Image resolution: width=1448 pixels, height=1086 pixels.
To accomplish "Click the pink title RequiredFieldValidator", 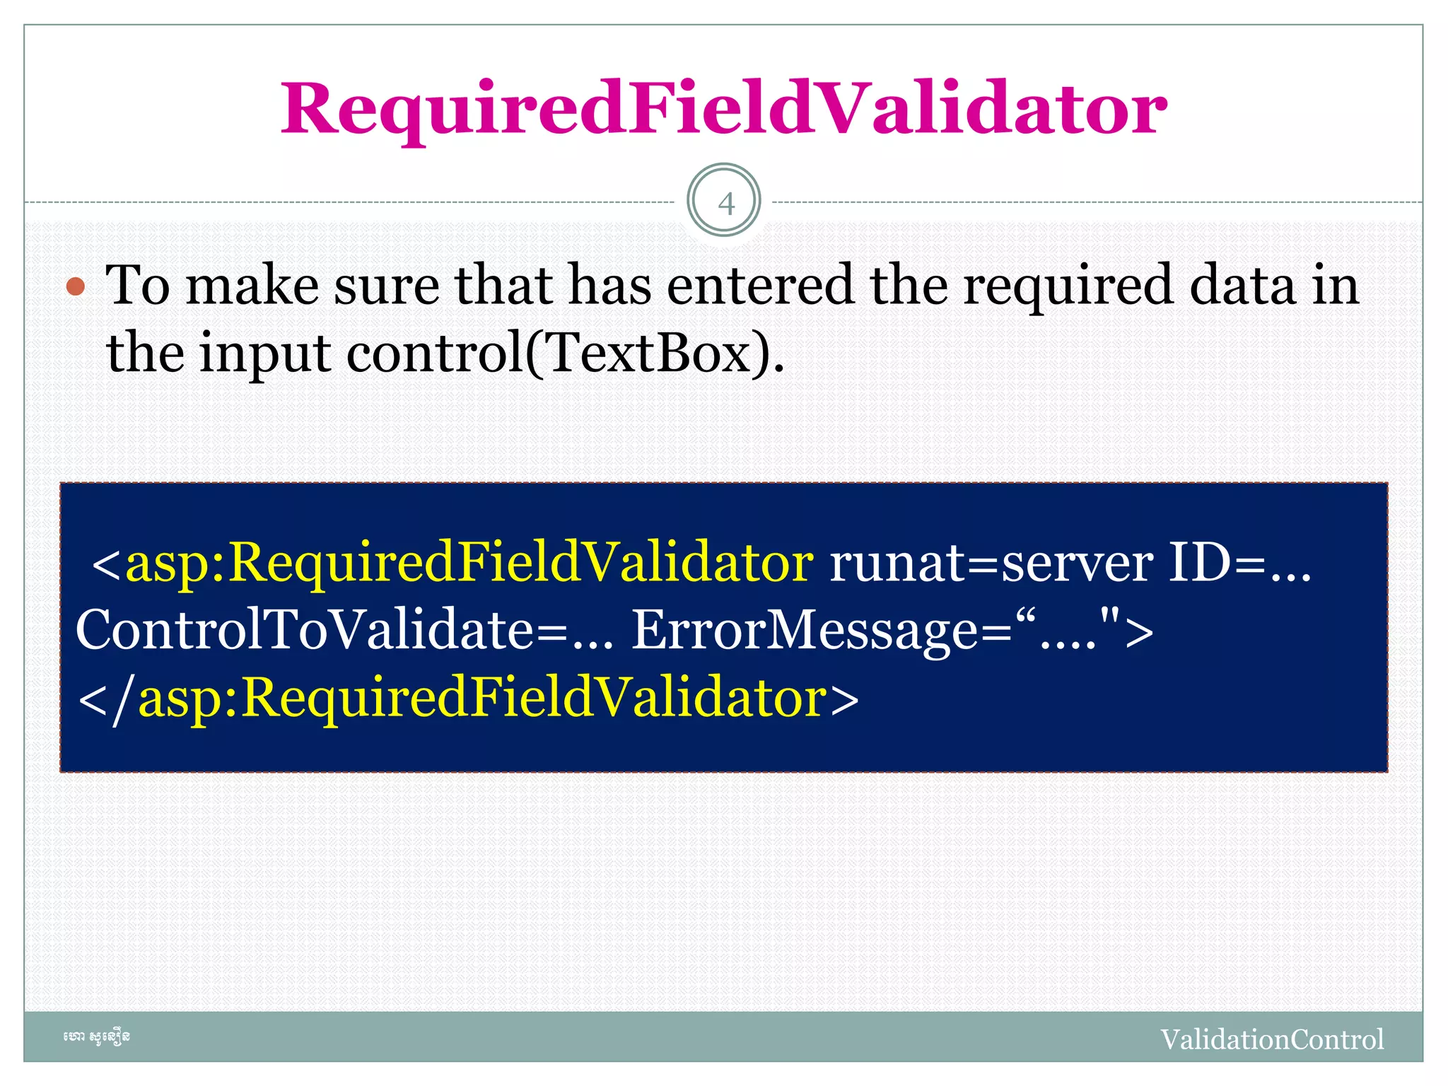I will (x=723, y=110).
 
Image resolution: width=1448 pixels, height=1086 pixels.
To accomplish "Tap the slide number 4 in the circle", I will (x=725, y=204).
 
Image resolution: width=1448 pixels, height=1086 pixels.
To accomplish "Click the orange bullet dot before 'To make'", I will (x=76, y=287).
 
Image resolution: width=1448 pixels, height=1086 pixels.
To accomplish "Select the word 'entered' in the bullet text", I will (x=760, y=286).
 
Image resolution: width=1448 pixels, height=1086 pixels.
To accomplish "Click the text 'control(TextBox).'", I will (x=566, y=353).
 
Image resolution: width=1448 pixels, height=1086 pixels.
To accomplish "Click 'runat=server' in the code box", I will (x=991, y=564).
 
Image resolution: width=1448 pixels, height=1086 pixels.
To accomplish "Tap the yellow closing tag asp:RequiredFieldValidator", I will (x=482, y=699).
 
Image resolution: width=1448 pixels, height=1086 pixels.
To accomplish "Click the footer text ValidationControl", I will (x=1272, y=1039).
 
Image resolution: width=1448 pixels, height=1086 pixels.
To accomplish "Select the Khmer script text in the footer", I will (x=96, y=1037).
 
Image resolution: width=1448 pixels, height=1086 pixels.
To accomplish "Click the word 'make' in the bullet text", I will (x=252, y=286).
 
